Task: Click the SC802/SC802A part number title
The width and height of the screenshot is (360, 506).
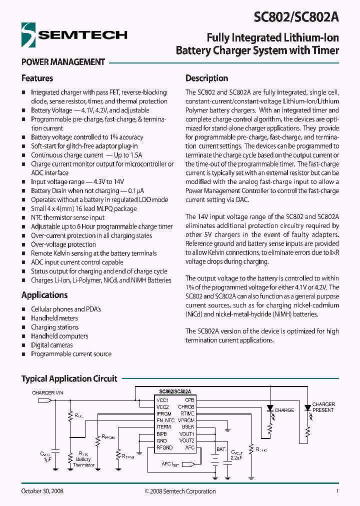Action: (296, 16)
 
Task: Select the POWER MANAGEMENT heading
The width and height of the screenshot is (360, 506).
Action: (63, 62)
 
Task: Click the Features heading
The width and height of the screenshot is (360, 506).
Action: (37, 78)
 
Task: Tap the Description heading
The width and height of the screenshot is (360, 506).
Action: (206, 78)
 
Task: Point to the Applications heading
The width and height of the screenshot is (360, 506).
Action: (44, 295)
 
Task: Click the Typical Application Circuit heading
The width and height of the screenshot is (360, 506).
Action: (69, 378)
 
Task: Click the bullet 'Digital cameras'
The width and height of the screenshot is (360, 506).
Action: (51, 345)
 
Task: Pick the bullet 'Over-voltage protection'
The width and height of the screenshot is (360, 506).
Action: (63, 244)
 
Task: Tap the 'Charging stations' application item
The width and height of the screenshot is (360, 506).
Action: (54, 327)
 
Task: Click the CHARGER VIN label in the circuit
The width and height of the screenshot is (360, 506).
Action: (48, 393)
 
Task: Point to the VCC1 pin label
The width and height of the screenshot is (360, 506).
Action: (162, 400)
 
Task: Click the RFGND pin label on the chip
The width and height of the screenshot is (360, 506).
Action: (164, 447)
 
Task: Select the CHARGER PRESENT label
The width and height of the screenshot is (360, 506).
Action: (323, 407)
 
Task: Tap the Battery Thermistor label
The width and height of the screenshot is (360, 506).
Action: (83, 462)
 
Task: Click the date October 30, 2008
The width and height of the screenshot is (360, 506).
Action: (42, 491)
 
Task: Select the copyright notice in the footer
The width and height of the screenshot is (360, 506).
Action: (180, 491)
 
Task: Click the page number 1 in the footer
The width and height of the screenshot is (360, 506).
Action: (337, 491)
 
